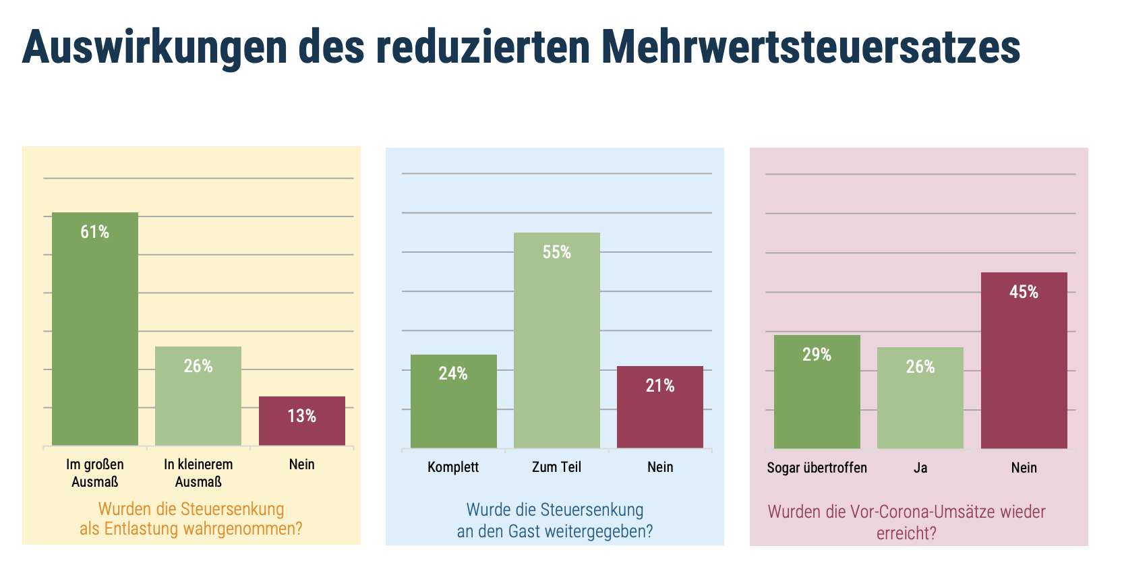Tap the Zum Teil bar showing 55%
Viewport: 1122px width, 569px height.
coord(556,340)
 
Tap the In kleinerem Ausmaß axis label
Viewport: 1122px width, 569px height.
coord(198,473)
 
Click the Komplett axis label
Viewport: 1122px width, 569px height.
coord(453,467)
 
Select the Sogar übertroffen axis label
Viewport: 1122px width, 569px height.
coord(817,468)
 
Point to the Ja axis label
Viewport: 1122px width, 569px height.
coord(920,468)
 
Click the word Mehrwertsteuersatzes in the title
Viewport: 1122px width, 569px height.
coord(810,47)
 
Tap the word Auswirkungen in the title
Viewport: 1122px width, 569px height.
coord(154,47)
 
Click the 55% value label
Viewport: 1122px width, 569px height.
coord(556,253)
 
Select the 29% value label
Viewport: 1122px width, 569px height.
coord(817,355)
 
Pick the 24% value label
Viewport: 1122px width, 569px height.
coord(453,374)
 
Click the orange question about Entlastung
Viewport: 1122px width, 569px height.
coord(191,519)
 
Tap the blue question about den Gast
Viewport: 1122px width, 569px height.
coord(555,520)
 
